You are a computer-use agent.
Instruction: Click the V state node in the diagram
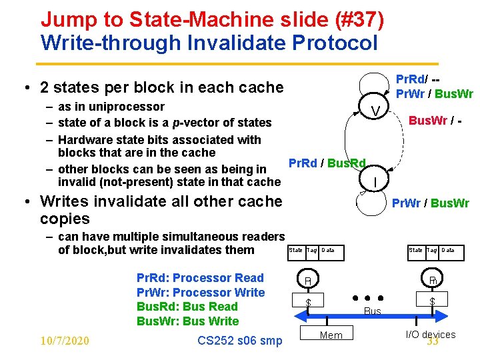coord(376,110)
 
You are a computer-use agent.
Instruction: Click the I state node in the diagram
coord(376,181)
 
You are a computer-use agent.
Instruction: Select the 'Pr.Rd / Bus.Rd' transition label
coord(327,163)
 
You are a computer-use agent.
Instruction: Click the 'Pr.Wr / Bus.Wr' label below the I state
coord(430,203)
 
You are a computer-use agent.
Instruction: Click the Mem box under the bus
coord(331,335)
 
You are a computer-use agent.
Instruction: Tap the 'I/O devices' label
coord(431,334)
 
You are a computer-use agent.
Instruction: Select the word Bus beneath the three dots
coord(373,311)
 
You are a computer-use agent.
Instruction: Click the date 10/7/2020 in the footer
coord(65,341)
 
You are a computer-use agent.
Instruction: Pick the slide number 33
coord(433,342)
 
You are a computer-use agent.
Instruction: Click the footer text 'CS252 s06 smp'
coord(239,341)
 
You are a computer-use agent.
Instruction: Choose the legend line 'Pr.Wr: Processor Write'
coord(201,293)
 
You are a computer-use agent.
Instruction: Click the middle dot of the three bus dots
coord(368,297)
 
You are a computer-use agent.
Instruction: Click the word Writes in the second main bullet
coord(65,201)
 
